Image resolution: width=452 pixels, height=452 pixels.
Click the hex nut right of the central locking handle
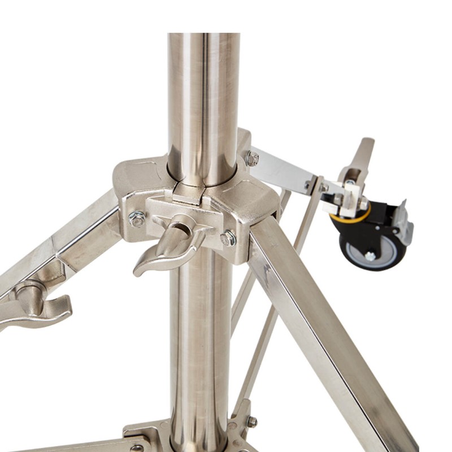228,238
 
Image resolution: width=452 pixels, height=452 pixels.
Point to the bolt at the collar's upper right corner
252,159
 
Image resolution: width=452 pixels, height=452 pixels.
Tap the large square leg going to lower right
316,316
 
